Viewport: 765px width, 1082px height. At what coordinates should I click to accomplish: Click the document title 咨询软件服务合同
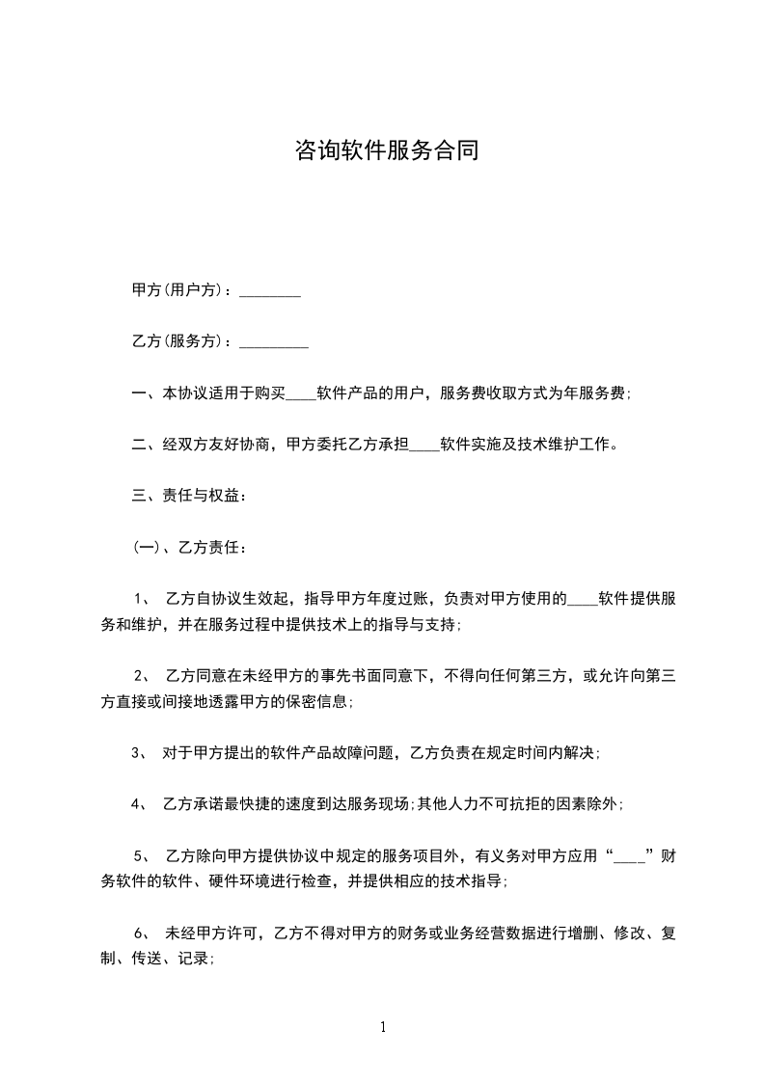386,151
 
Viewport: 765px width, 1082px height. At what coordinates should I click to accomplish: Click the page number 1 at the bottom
383,1027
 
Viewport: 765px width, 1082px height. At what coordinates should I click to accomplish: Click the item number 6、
140,933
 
